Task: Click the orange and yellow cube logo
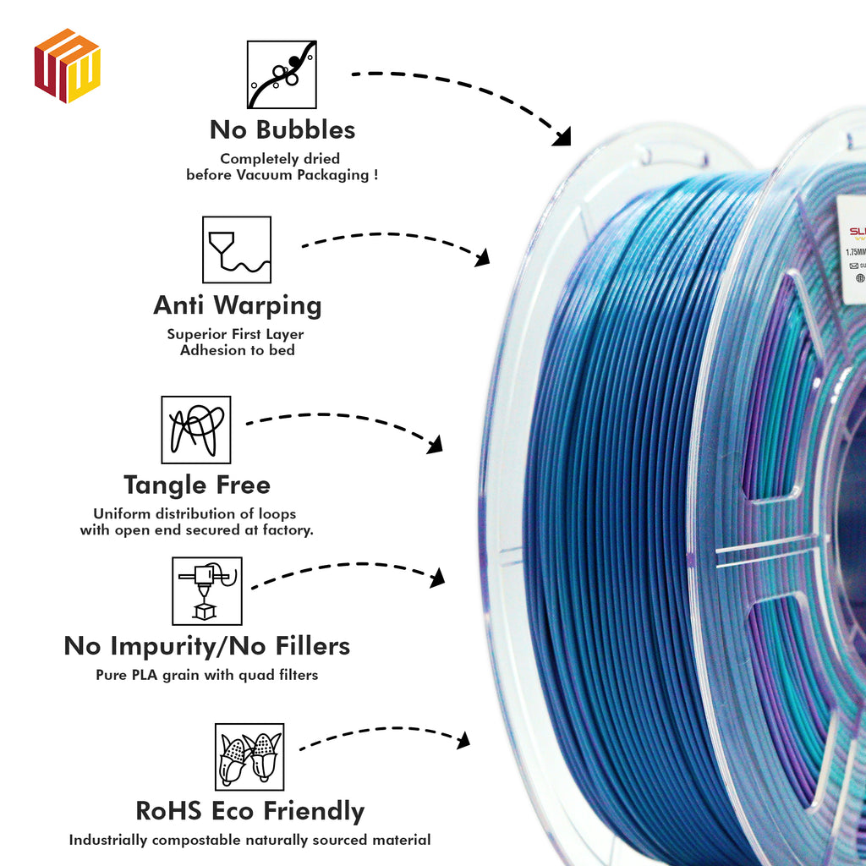click(68, 66)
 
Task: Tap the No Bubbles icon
click(282, 74)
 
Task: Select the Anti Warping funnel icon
click(237, 249)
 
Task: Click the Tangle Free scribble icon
click(196, 430)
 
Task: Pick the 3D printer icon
click(207, 590)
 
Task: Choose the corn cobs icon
click(249, 756)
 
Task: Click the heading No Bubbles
click(282, 130)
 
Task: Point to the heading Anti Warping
click(237, 305)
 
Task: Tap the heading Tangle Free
click(197, 485)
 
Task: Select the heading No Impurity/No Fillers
click(207, 647)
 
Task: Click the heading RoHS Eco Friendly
click(250, 812)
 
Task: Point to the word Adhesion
click(211, 350)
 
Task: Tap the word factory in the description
click(284, 530)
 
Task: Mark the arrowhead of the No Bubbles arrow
click(562, 136)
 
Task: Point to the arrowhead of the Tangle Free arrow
click(435, 445)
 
